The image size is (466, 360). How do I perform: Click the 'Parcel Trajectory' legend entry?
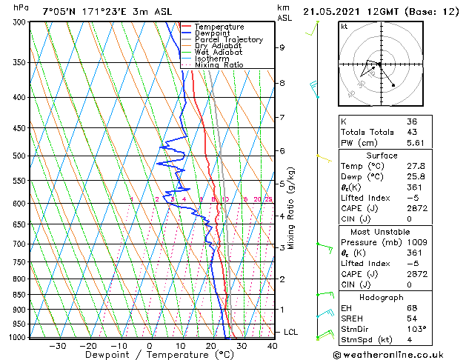[x=228, y=40]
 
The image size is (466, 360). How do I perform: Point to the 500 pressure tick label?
[x=19, y=156]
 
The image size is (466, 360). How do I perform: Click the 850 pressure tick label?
[x=19, y=295]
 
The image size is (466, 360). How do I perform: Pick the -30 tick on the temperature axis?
[x=58, y=345]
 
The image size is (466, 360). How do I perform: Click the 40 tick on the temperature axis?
[x=273, y=345]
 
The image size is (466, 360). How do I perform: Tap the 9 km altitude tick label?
[x=282, y=47]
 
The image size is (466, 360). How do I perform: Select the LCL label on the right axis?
[x=291, y=333]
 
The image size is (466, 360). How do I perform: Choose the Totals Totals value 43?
[x=412, y=132]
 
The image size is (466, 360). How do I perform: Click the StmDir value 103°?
[x=417, y=329]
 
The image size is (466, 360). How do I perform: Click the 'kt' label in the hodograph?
[x=344, y=26]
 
